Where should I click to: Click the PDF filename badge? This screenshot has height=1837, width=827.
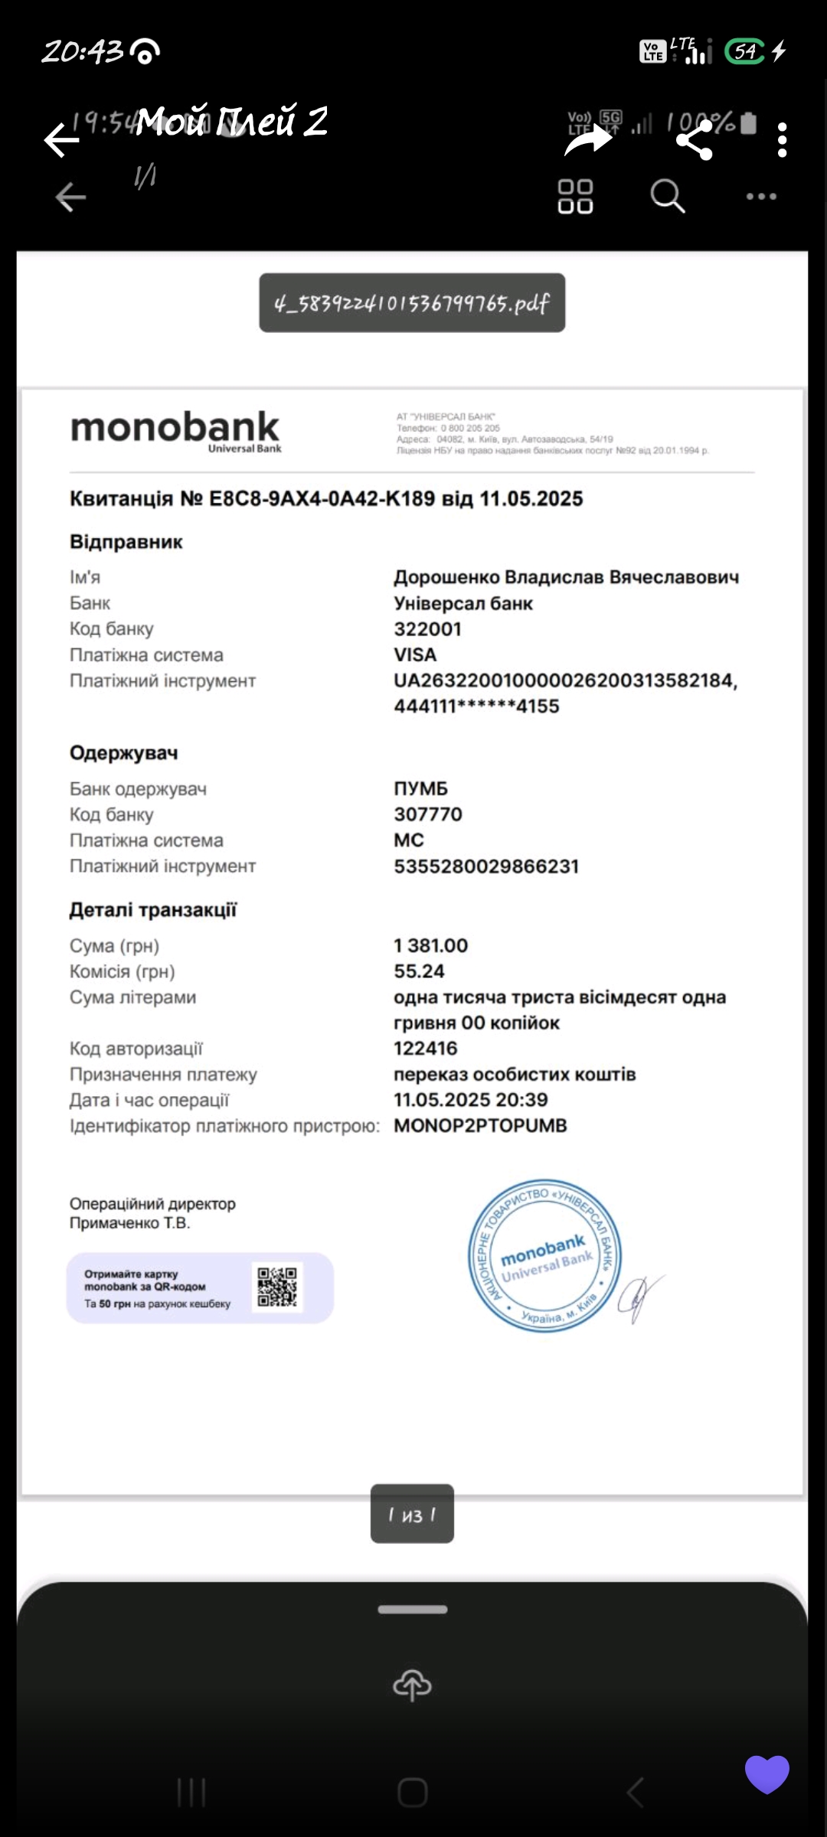pyautogui.click(x=412, y=303)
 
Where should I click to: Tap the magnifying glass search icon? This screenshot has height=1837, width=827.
pyautogui.click(x=667, y=196)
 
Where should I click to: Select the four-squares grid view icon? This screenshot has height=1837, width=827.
pyautogui.click(x=575, y=196)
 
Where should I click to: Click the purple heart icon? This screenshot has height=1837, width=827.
pyautogui.click(x=767, y=1773)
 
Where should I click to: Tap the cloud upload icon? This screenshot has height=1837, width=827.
pyautogui.click(x=412, y=1685)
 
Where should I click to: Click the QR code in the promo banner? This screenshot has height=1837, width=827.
pyautogui.click(x=277, y=1287)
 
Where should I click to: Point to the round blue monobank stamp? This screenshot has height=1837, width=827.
pyautogui.click(x=544, y=1255)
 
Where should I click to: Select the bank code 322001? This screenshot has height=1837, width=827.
pyautogui.click(x=427, y=629)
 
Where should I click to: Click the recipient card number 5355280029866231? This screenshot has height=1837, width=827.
pyautogui.click(x=486, y=866)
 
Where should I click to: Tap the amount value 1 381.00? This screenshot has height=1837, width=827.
pyautogui.click(x=430, y=946)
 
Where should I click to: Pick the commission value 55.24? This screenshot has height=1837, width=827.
pyautogui.click(x=419, y=971)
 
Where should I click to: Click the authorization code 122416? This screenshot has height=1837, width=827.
pyautogui.click(x=425, y=1049)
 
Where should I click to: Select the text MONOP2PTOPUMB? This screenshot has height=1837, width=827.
pyautogui.click(x=480, y=1126)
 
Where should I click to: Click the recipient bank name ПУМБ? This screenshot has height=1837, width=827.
pyautogui.click(x=420, y=788)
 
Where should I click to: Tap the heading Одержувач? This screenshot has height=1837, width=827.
pyautogui.click(x=123, y=753)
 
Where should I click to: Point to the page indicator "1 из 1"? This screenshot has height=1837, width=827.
pyautogui.click(x=412, y=1515)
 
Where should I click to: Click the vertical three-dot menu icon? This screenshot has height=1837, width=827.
pyautogui.click(x=782, y=140)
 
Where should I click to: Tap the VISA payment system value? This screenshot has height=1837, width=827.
pyautogui.click(x=415, y=655)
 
